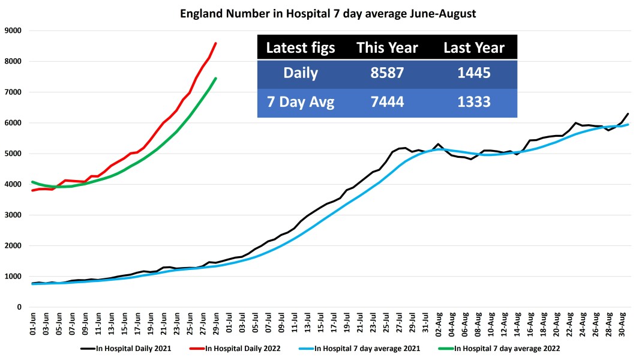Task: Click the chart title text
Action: click(328, 13)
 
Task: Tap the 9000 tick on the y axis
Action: click(13, 31)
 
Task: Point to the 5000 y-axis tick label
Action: click(13, 154)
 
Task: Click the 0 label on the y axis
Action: click(19, 307)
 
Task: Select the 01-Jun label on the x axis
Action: click(34, 324)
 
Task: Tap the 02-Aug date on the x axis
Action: click(438, 324)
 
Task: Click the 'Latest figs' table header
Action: click(300, 48)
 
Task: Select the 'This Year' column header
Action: click(386, 48)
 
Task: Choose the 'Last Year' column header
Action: click(473, 48)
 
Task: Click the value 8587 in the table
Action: click(387, 74)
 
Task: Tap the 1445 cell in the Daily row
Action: click(474, 74)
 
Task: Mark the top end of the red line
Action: click(215, 43)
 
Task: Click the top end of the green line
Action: click(215, 79)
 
